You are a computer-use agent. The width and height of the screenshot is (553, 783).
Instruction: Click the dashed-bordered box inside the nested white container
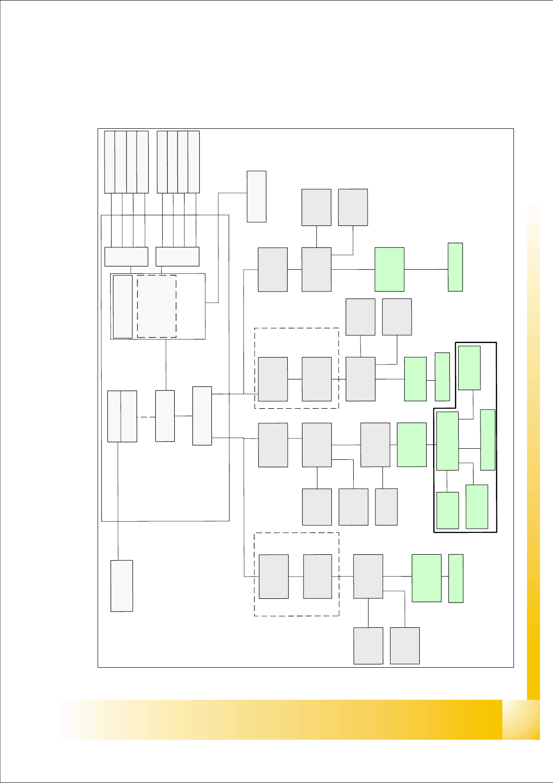pos(157,306)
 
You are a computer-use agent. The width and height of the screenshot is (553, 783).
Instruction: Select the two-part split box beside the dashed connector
pos(122,416)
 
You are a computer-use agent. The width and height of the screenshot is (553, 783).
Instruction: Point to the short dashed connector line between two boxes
pos(146,417)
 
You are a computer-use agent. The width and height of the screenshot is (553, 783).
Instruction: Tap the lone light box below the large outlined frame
pos(122,586)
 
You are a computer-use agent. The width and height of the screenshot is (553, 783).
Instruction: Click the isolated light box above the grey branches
pos(257,196)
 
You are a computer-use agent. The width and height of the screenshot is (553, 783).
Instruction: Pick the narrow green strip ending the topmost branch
pos(455,267)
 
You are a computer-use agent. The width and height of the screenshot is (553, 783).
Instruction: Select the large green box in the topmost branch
pos(389,269)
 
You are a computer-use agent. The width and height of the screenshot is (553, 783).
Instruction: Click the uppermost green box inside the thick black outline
pos(469,368)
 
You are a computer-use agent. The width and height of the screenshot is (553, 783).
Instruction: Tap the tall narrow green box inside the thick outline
pos(487,440)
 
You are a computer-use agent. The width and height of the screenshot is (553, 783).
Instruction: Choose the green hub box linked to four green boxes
pos(448,441)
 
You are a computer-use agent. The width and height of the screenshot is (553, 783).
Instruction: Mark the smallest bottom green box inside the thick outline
pos(448,510)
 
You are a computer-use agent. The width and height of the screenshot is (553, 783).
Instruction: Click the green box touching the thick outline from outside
pos(412,445)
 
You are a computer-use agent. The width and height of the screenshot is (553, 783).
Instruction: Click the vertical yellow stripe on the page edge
pos(533,451)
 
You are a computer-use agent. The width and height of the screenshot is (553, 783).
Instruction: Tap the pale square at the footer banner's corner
pos(521,719)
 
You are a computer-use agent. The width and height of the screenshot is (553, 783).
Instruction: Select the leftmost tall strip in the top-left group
pos(109,162)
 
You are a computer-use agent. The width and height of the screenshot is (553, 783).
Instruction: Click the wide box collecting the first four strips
pos(126,257)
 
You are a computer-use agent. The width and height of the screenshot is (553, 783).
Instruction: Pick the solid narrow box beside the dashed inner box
pos(123,306)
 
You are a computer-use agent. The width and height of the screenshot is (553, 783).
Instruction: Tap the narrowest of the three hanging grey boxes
pos(386,507)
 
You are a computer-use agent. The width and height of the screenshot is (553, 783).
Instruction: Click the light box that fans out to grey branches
pos(202,416)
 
